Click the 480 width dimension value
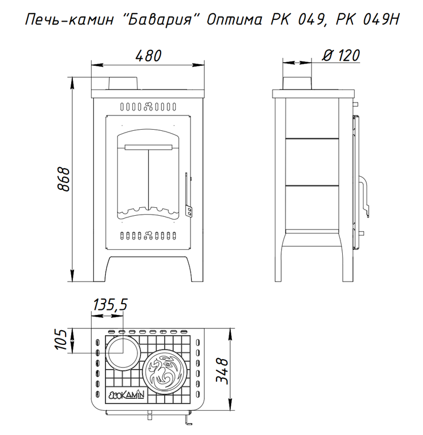[x=148, y=56]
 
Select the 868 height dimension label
[x=63, y=179]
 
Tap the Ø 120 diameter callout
[x=341, y=55]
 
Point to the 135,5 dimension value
[x=110, y=304]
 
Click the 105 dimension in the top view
[x=61, y=340]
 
